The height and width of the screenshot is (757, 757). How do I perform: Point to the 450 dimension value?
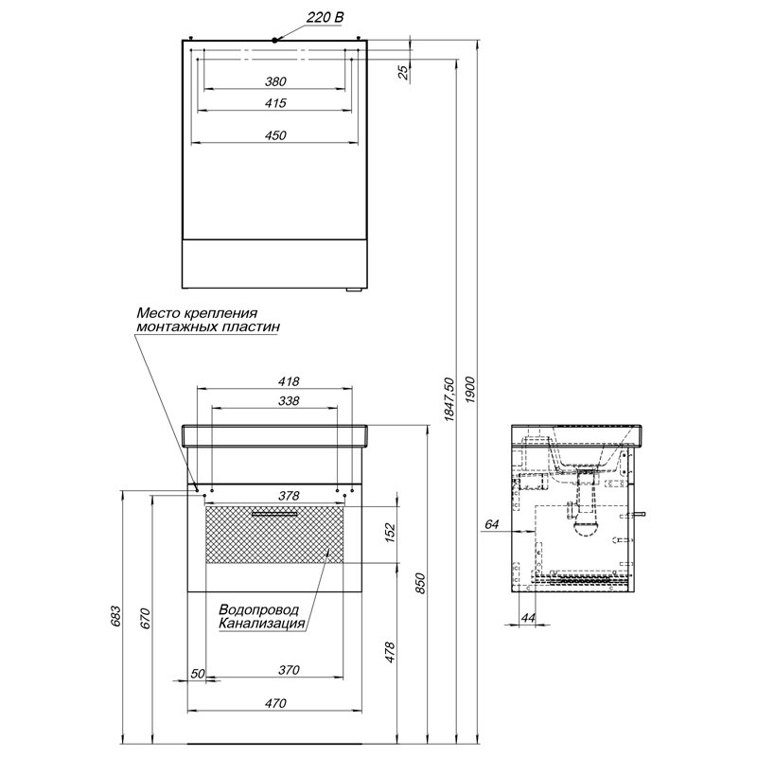[274, 136]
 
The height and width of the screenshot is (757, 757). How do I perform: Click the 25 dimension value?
[404, 71]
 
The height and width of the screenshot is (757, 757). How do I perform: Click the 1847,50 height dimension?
[450, 397]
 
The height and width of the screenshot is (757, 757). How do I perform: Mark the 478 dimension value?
[391, 651]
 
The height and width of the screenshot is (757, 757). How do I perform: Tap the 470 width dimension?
[274, 703]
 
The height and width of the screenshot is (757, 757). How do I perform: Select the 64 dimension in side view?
[490, 523]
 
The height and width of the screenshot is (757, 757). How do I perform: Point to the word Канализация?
[262, 624]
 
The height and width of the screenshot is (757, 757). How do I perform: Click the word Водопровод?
[258, 610]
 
